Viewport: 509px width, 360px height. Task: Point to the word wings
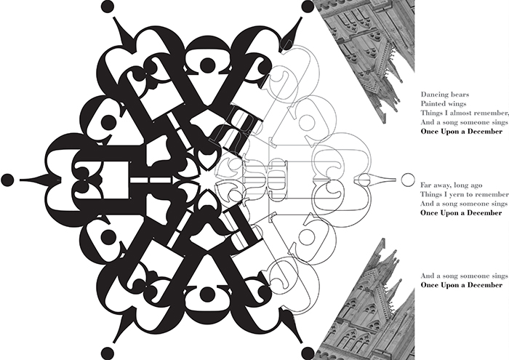click(x=457, y=104)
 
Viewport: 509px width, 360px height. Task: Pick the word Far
click(x=426, y=185)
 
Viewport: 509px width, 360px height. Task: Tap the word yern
click(x=457, y=195)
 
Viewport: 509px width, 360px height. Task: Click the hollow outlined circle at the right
click(x=408, y=180)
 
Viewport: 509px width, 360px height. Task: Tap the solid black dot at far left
click(x=7, y=180)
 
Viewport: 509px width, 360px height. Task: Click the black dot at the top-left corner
click(x=108, y=7)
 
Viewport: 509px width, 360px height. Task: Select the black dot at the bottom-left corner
click(x=108, y=353)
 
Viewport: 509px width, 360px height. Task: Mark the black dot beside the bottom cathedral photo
click(x=308, y=353)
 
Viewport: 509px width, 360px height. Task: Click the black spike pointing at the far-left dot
click(x=39, y=180)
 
